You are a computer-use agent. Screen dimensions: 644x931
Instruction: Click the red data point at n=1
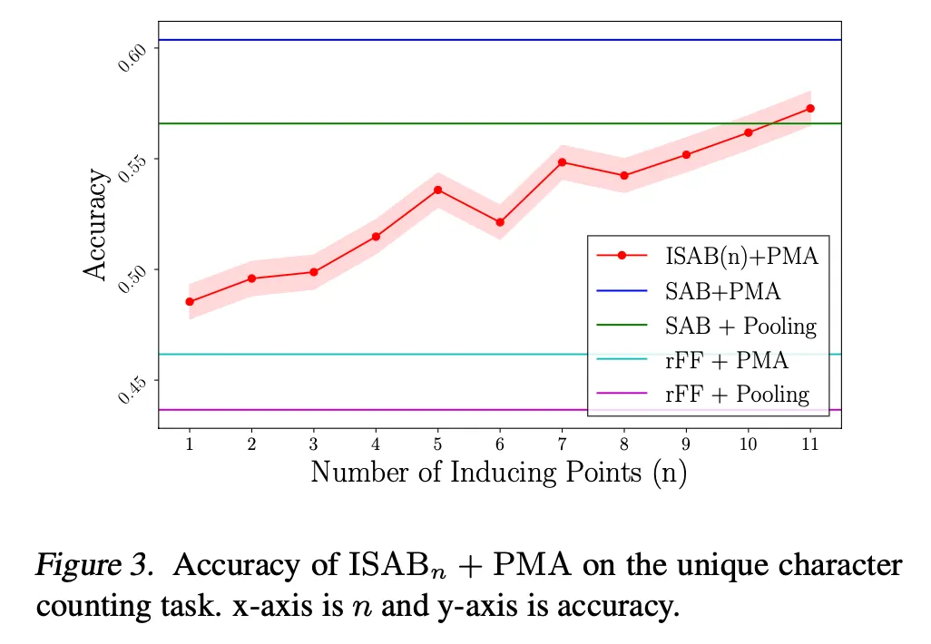(x=190, y=301)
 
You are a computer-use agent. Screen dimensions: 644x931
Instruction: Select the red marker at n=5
(x=437, y=190)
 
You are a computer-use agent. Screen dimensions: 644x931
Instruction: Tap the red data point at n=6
(x=500, y=222)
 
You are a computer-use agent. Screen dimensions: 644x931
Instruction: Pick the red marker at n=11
(x=810, y=108)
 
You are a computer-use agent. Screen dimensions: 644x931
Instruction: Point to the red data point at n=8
(x=624, y=175)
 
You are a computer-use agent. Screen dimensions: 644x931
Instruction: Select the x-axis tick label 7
(x=562, y=444)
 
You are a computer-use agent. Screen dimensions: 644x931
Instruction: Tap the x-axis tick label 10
(x=748, y=444)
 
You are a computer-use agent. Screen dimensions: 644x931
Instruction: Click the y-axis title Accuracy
(x=96, y=225)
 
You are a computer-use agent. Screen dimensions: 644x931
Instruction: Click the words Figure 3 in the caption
(x=92, y=566)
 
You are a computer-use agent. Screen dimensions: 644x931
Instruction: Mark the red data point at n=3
(x=314, y=272)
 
